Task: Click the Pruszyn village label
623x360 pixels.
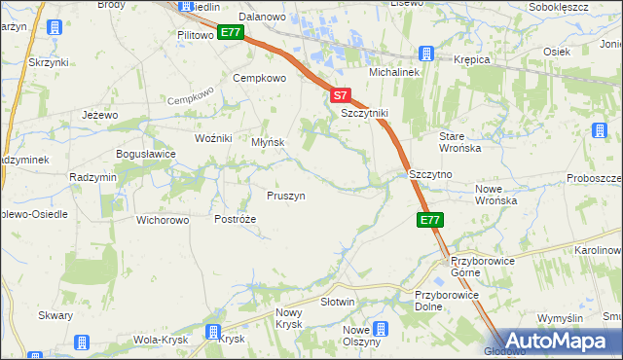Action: click(x=286, y=196)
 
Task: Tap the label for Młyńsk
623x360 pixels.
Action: click(x=268, y=142)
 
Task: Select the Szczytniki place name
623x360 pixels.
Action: click(x=364, y=113)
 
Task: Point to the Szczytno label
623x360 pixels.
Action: click(x=431, y=174)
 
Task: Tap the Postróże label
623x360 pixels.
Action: click(x=235, y=220)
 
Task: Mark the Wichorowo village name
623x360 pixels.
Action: click(x=163, y=220)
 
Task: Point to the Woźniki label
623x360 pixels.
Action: click(x=213, y=138)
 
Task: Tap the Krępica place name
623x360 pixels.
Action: click(x=472, y=59)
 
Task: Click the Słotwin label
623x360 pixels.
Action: click(x=337, y=302)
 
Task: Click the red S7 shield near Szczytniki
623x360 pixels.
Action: click(x=339, y=96)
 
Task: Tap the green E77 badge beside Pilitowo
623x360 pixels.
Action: click(x=231, y=33)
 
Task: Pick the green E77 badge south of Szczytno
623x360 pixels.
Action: click(x=431, y=221)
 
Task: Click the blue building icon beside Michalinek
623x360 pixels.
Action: click(x=425, y=54)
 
